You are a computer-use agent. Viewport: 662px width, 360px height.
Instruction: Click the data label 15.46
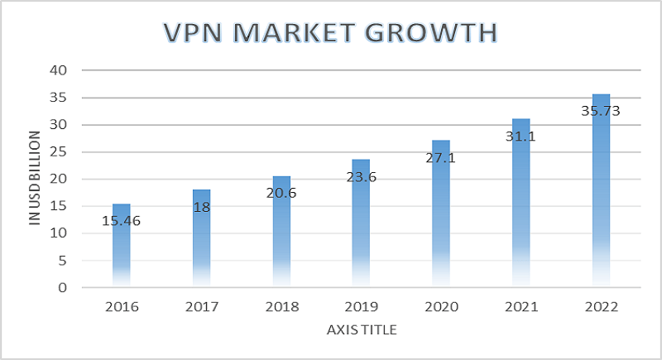tap(121, 221)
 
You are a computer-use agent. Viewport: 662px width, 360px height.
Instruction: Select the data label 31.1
tap(521, 136)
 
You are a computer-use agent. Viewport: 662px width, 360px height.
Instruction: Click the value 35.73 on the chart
tap(601, 110)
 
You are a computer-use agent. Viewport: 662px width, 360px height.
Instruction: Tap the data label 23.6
tap(361, 175)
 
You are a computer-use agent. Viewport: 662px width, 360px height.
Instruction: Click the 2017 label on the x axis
tap(201, 307)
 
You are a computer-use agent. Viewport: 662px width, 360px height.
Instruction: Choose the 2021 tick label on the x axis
tap(521, 307)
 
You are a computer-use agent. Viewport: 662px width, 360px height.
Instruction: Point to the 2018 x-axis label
tap(281, 307)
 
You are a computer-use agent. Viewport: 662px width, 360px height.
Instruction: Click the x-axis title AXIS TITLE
tap(361, 330)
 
